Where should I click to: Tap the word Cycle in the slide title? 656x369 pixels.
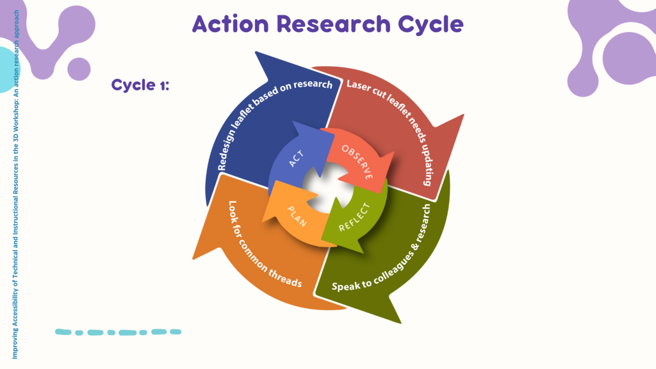click(x=429, y=24)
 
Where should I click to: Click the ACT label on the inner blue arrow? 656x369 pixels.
click(x=296, y=157)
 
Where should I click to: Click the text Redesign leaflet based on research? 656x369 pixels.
click(x=275, y=126)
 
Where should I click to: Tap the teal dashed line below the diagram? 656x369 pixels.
click(x=118, y=332)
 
